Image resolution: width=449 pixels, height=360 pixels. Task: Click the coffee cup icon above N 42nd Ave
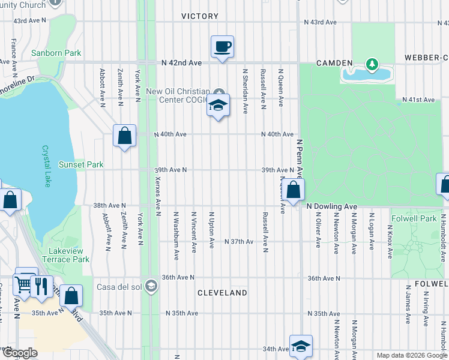click(222, 46)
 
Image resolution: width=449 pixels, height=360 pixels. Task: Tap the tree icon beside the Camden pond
click(372, 63)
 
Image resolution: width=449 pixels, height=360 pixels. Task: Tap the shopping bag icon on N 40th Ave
click(124, 136)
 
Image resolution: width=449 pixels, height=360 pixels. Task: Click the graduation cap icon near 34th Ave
click(301, 346)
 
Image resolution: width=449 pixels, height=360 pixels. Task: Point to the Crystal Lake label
click(46, 166)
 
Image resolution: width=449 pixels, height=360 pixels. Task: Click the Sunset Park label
click(80, 164)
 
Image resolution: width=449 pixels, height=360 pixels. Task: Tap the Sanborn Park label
click(56, 53)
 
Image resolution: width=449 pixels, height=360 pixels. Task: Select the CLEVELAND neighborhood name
click(222, 293)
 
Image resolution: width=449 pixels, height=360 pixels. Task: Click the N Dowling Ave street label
click(331, 206)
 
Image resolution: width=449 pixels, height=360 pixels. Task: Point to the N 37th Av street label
click(239, 241)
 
